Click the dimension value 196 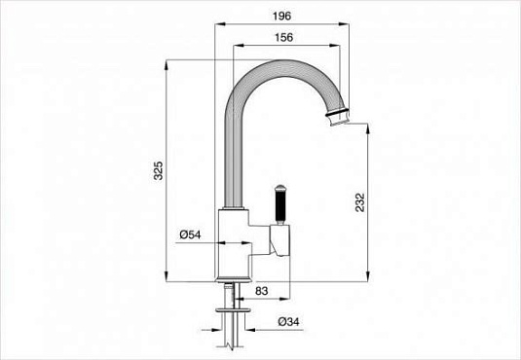pyautogui.click(x=282, y=17)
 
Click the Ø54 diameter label pyautogui.click(x=190, y=234)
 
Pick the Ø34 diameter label pyautogui.click(x=288, y=321)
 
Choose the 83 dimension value pyautogui.click(x=262, y=291)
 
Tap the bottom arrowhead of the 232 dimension pyautogui.click(x=368, y=276)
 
